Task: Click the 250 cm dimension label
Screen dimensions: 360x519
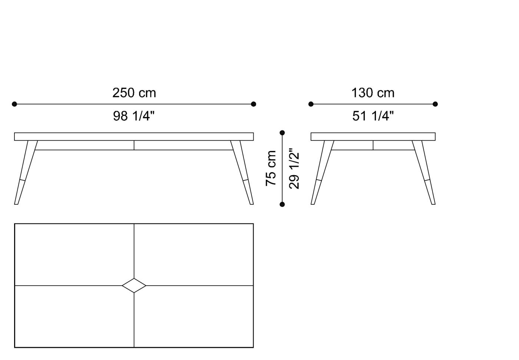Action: [x=134, y=93]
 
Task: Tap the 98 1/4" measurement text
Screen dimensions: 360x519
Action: [x=133, y=116]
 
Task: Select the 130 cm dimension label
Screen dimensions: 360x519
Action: [x=373, y=93]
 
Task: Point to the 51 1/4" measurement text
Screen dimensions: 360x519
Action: [x=373, y=116]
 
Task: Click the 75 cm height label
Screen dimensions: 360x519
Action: [x=271, y=168]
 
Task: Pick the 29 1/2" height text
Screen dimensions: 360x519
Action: [x=294, y=169]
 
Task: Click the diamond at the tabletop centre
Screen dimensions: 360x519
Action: [x=134, y=286]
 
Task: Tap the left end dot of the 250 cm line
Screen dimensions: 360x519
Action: [x=14, y=104]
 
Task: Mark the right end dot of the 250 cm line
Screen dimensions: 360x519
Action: [x=254, y=104]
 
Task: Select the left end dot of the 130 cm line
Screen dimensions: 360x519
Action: [x=311, y=104]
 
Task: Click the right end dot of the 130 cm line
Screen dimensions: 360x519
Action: [x=435, y=104]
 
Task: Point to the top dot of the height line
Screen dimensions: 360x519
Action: [x=282, y=133]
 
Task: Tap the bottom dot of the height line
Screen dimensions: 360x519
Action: [x=282, y=204]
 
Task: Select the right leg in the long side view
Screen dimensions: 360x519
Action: [x=243, y=172]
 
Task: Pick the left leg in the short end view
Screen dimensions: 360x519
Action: [x=321, y=172]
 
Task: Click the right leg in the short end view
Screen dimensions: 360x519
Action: [x=424, y=172]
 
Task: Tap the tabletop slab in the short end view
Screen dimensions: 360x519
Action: [x=373, y=137]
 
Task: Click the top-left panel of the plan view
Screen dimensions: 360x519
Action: [x=74, y=254]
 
